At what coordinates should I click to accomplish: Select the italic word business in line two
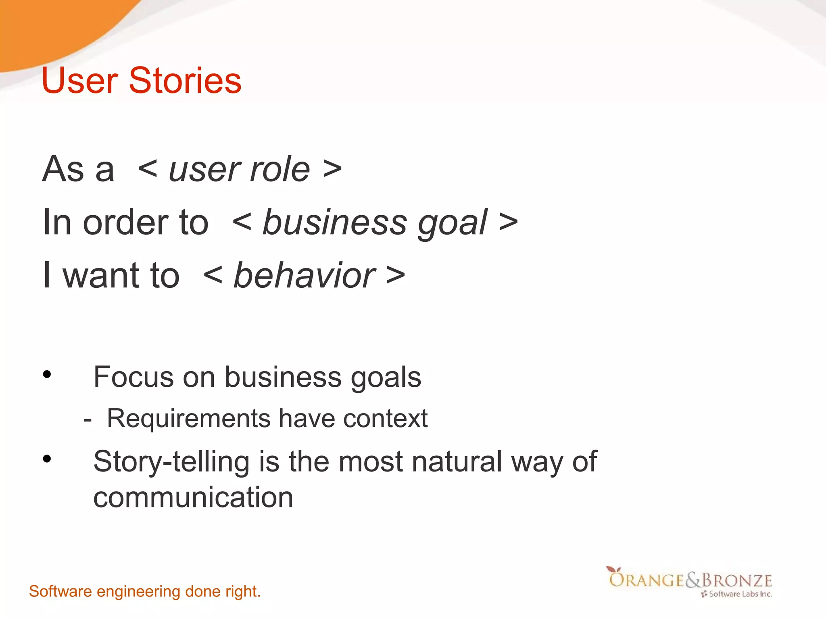[335, 222]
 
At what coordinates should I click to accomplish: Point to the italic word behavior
[305, 276]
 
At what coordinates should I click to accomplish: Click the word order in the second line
[125, 222]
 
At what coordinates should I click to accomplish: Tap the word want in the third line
[101, 276]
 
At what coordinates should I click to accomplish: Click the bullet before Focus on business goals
[47, 374]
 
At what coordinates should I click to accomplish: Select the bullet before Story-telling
[47, 459]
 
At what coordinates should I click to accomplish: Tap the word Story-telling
[171, 462]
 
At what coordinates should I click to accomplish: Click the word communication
[193, 497]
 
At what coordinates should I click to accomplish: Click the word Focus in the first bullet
[133, 377]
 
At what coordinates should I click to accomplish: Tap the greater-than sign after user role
[332, 169]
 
